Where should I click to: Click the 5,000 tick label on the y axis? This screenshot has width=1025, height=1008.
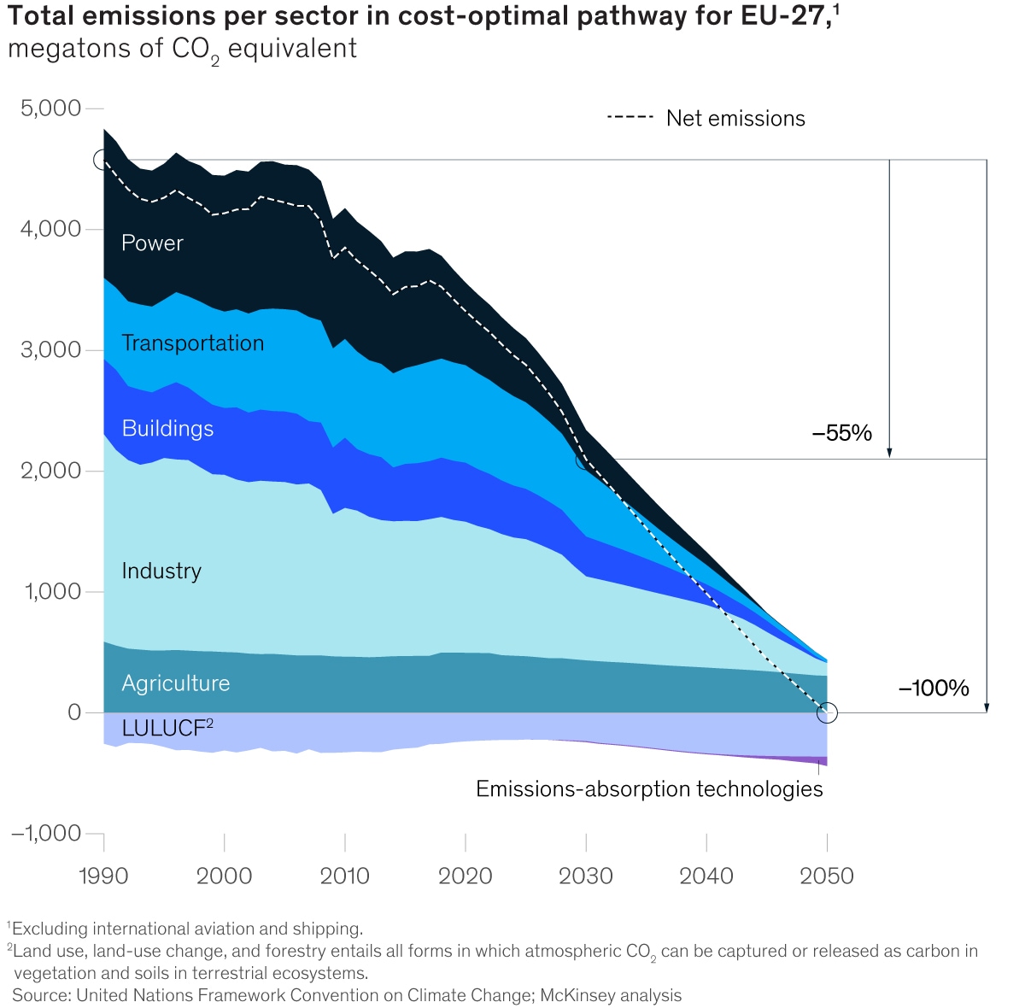tap(50, 108)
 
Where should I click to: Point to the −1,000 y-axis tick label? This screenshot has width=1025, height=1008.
tap(46, 833)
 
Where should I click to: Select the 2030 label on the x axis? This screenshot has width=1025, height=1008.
tap(586, 876)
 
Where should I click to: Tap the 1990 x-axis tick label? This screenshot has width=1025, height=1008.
tap(103, 876)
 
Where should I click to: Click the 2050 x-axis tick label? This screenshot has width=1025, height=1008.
tap(827, 876)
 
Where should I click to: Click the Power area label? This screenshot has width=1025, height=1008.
tap(152, 243)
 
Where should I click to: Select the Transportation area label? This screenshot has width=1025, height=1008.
tap(192, 343)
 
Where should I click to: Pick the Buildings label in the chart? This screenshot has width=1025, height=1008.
tap(167, 429)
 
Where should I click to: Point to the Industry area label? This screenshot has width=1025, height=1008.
tap(161, 571)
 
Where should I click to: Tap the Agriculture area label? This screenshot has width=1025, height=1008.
tap(175, 683)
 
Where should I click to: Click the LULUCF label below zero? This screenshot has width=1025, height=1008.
tap(167, 729)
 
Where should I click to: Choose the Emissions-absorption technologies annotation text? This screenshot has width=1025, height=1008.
tap(649, 789)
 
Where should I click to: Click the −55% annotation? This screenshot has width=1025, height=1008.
tap(842, 433)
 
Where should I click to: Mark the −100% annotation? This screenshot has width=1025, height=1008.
tap(934, 689)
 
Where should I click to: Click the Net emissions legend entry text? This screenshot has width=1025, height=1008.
tap(735, 119)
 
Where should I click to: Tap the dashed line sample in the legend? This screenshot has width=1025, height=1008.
tap(630, 117)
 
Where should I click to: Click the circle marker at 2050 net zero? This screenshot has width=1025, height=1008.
tap(827, 712)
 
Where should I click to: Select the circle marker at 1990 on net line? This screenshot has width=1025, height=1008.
tap(103, 159)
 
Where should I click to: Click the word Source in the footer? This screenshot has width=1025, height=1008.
tap(40, 995)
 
